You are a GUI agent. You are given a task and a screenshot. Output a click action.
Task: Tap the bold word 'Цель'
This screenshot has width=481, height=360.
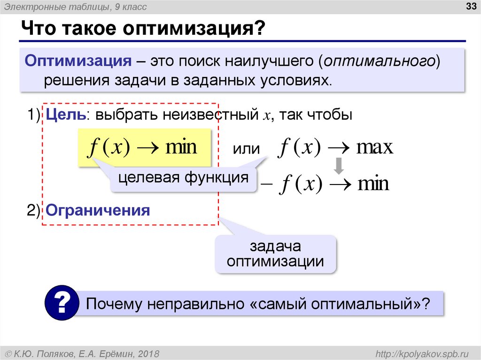[x=65, y=115]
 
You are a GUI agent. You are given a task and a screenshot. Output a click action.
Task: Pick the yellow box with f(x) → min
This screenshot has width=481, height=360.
[x=144, y=148]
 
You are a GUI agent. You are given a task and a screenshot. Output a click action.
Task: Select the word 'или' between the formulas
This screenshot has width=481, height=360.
[x=247, y=149]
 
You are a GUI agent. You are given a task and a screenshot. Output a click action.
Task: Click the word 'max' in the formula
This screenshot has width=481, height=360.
[x=374, y=148]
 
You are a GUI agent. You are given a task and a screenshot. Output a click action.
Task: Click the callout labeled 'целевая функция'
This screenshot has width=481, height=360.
[x=183, y=178]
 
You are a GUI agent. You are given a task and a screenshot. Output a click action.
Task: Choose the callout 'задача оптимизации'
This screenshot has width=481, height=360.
[x=276, y=254]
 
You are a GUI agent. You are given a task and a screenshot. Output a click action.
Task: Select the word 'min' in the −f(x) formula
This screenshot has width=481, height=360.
[x=373, y=184]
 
